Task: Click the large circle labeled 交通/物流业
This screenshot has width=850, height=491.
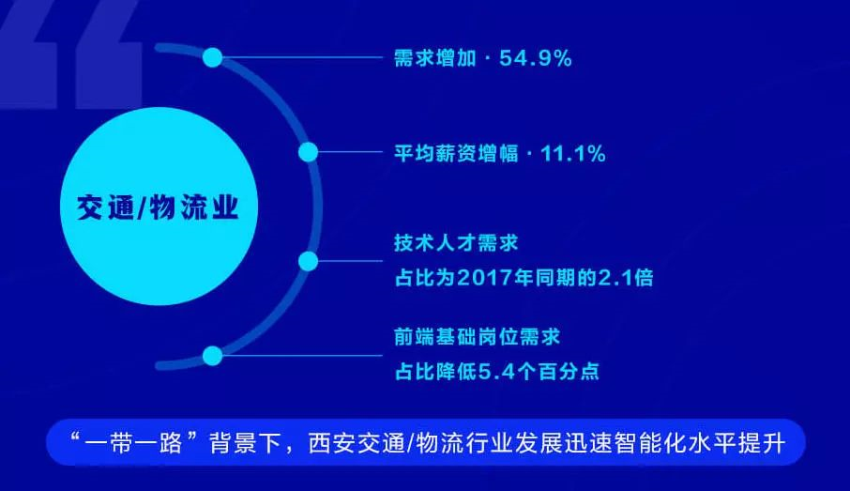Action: [159, 207]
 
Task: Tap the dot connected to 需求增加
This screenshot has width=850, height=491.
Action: [213, 57]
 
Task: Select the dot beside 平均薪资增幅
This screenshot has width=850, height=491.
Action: [309, 152]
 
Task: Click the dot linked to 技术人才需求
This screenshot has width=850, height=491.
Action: [309, 262]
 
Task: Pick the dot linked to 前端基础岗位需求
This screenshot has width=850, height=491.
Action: [212, 357]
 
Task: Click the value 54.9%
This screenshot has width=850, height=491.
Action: [536, 58]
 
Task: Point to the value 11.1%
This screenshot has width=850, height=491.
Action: [573, 154]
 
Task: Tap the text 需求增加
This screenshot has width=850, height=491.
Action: [435, 58]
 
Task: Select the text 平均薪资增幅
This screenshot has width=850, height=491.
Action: [456, 154]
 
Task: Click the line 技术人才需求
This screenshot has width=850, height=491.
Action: [456, 243]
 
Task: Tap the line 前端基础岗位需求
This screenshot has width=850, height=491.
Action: [477, 337]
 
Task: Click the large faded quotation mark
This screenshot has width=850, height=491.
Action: [70, 54]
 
